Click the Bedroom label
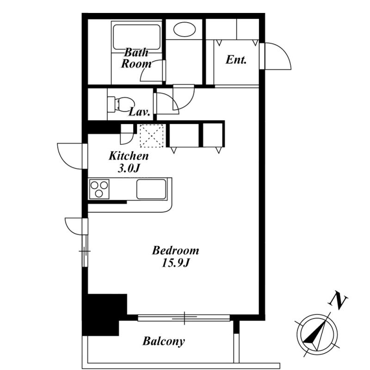pos(176,251)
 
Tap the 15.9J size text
pos(176,263)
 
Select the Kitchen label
pos(129,156)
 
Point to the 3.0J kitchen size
pos(129,168)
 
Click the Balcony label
pos(164,341)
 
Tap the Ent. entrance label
pos(236,60)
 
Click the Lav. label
pos(140,112)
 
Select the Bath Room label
pos(136,58)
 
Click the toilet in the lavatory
pos(121,105)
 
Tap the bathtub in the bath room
pos(136,37)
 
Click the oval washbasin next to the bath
pos(185,29)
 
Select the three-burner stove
pos(99,189)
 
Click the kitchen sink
pos(151,189)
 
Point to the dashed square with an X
pos(152,136)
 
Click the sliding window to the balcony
pos(184,318)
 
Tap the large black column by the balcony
pos(104,314)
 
